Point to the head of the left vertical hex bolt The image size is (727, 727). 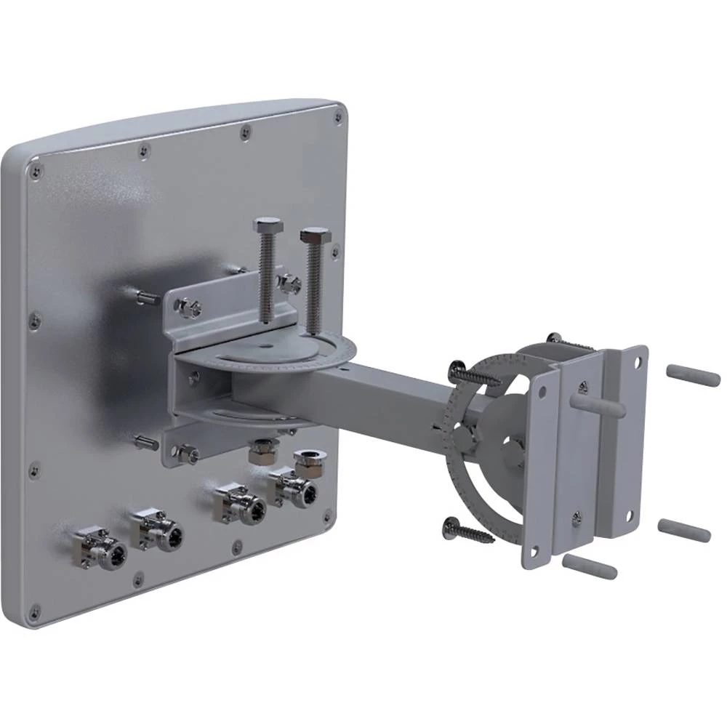click(x=267, y=225)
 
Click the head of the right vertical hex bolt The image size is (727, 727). click(x=315, y=238)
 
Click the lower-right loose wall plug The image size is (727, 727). click(x=684, y=530)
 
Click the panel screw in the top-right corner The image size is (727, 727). click(x=337, y=115)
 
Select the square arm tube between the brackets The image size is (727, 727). click(x=385, y=393)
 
